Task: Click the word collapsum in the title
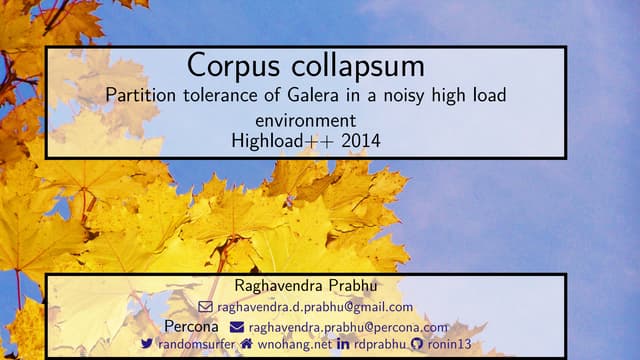tap(353, 67)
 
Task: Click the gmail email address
tap(315, 307)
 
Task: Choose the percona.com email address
tap(347, 326)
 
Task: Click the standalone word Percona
tap(191, 326)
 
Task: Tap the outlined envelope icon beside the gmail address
tap(206, 307)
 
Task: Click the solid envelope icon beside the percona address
tap(237, 326)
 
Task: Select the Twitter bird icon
tap(147, 344)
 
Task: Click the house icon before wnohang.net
tap(246, 344)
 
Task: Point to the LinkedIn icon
tap(343, 344)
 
